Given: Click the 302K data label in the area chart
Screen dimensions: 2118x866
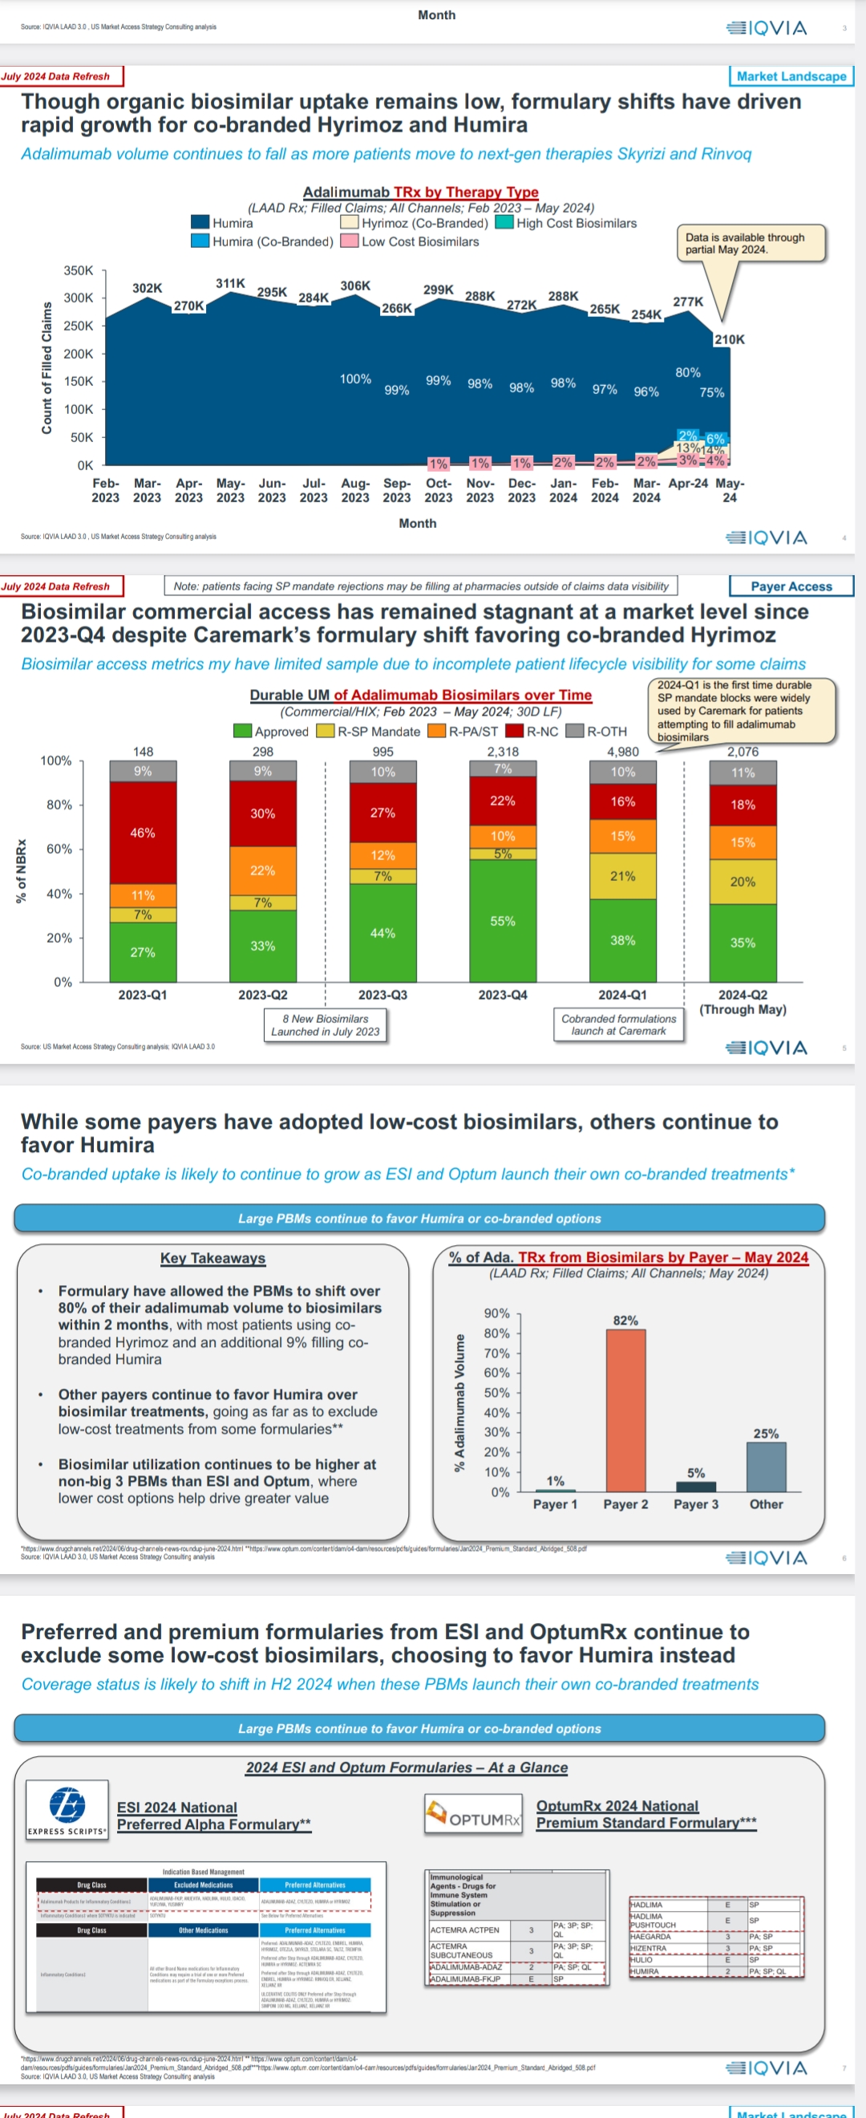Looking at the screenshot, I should pyautogui.click(x=147, y=288).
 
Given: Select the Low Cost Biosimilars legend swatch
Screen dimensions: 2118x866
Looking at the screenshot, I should pyautogui.click(x=349, y=241).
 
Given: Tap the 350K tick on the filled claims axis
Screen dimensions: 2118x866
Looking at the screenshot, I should pyautogui.click(x=79, y=270).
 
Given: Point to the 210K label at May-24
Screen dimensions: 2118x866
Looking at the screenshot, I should pyautogui.click(x=730, y=339).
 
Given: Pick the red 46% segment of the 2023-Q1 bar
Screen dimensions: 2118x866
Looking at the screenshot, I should pyautogui.click(x=143, y=832).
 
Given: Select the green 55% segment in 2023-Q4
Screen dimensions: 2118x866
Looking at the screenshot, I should pyautogui.click(x=503, y=920).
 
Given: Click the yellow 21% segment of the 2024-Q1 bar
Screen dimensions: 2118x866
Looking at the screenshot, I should pyautogui.click(x=623, y=875).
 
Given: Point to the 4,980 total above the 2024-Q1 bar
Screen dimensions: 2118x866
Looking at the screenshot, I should pyautogui.click(x=623, y=752).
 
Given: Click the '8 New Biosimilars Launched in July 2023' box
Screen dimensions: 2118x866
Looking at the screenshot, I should pyautogui.click(x=326, y=1025).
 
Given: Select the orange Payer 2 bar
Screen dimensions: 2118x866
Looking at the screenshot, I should pyautogui.click(x=626, y=1410).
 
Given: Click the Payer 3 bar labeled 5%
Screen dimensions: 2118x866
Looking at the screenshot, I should pyautogui.click(x=696, y=1486).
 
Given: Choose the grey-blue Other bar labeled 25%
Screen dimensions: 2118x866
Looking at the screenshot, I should pyautogui.click(x=766, y=1467).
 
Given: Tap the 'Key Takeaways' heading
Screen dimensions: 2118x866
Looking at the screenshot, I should pyautogui.click(x=212, y=1258).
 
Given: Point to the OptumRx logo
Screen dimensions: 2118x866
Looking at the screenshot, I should pyautogui.click(x=474, y=1813).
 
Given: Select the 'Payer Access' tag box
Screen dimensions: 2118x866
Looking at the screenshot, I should pyautogui.click(x=791, y=586).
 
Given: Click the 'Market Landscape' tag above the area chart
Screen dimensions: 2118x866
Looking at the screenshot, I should pyautogui.click(x=791, y=76).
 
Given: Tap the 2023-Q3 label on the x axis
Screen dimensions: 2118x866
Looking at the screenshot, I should pyautogui.click(x=382, y=994).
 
